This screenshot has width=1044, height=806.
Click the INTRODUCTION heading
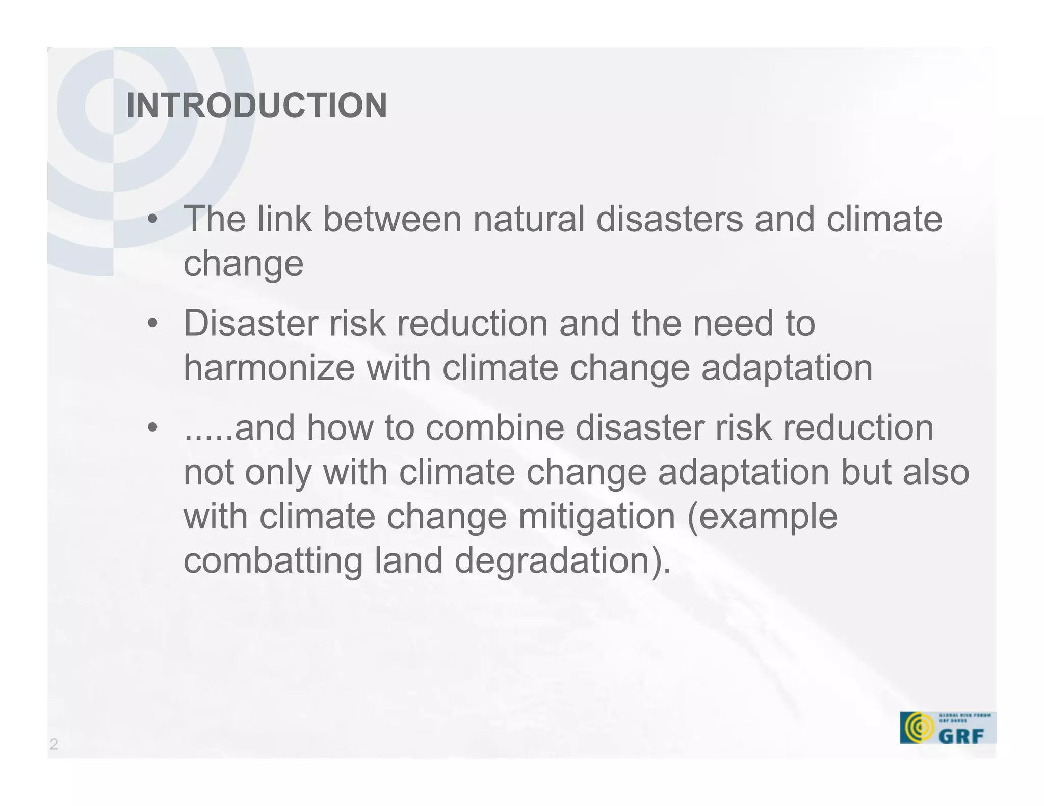click(x=256, y=105)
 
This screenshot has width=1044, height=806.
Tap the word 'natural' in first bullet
click(x=529, y=219)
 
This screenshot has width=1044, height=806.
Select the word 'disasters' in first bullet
click(x=669, y=219)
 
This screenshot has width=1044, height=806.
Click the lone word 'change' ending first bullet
click(x=243, y=264)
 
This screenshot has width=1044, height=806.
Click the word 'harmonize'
click(x=269, y=367)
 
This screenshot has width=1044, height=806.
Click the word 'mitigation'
click(x=596, y=516)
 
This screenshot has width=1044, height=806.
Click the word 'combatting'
click(x=273, y=560)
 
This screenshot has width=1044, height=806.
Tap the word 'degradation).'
click(x=562, y=561)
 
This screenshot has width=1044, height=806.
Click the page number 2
click(x=54, y=744)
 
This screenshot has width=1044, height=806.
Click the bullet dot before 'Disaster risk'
click(x=152, y=324)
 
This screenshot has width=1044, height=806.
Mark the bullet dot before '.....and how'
click(x=152, y=428)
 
